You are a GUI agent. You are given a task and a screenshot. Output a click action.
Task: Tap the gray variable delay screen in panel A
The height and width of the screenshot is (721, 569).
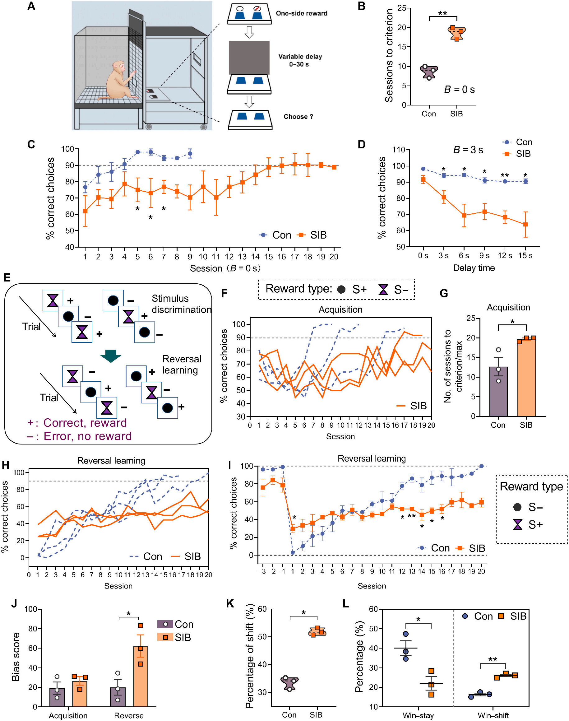(x=249, y=57)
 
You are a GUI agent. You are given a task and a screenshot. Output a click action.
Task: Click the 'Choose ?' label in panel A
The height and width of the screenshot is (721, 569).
(x=298, y=117)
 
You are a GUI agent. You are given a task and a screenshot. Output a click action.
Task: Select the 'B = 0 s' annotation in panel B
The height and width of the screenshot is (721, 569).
(x=459, y=89)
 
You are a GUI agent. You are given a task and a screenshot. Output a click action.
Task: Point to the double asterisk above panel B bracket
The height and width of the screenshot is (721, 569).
(x=442, y=13)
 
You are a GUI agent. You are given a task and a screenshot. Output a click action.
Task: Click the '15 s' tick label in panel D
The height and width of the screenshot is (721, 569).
(x=525, y=256)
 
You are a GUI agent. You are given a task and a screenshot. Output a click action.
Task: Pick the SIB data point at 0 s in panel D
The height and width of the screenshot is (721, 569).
(x=423, y=179)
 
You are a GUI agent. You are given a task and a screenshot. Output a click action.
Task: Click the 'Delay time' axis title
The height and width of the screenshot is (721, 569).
(x=474, y=268)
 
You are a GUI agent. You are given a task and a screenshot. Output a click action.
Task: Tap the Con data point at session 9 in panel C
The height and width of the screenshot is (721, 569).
(x=190, y=154)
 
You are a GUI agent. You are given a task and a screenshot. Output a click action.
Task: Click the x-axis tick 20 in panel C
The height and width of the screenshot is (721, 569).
(x=334, y=257)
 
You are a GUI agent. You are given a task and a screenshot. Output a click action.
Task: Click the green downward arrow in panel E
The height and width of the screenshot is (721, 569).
(x=111, y=356)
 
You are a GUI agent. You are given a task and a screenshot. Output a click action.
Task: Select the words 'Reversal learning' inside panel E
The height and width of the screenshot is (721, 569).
(x=182, y=365)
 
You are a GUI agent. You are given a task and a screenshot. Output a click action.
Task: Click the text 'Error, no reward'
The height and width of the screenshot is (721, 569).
(x=88, y=436)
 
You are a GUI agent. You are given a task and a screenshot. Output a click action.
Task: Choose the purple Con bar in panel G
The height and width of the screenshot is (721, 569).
(x=498, y=392)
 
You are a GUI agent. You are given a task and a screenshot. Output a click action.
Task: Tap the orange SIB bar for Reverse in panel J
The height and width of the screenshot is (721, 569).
(x=141, y=676)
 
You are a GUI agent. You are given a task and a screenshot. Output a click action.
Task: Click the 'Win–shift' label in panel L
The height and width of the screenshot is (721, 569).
(x=493, y=715)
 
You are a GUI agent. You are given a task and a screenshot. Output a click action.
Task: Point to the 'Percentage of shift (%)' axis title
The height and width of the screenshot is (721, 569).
(x=250, y=656)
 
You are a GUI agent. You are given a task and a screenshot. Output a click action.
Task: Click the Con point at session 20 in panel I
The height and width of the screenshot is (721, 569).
(x=481, y=466)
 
